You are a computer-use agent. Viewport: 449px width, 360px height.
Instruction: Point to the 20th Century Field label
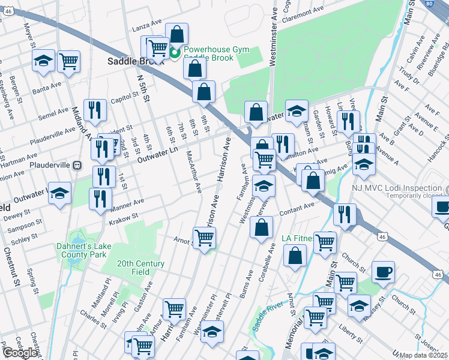140,268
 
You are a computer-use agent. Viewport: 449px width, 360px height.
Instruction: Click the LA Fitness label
297,238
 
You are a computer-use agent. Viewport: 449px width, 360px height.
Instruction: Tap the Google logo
20,353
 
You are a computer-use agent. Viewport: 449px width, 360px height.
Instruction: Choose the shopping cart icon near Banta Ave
69,60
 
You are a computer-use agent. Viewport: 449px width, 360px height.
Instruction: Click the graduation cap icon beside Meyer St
43,61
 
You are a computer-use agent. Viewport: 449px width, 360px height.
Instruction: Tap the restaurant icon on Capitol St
95,109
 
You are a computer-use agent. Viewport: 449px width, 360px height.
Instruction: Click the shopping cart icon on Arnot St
204,238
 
